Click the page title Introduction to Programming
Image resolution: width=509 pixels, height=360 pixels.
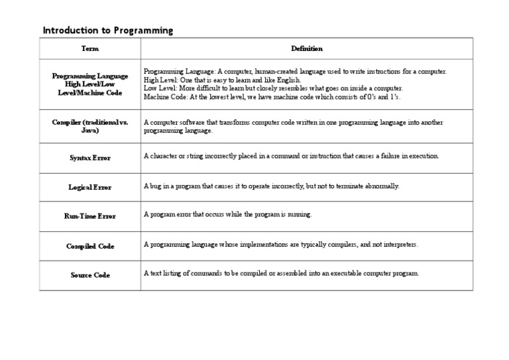107,30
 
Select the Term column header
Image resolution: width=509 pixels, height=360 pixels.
89,49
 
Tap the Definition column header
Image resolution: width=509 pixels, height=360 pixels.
307,49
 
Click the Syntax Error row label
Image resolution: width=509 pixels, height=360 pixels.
89,158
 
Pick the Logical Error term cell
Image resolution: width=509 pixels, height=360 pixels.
89,187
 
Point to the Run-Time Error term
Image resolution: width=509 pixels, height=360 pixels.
89,216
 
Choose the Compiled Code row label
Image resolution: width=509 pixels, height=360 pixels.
89,246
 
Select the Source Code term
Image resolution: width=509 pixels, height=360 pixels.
89,275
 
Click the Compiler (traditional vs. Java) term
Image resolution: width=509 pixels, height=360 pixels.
89,126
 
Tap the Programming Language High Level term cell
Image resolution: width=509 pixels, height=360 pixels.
89,84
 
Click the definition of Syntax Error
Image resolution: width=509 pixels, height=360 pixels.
292,156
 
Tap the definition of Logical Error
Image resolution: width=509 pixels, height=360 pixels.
272,186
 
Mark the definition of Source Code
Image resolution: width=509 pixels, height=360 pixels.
282,273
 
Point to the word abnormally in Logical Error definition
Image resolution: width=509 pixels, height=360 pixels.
382,186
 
